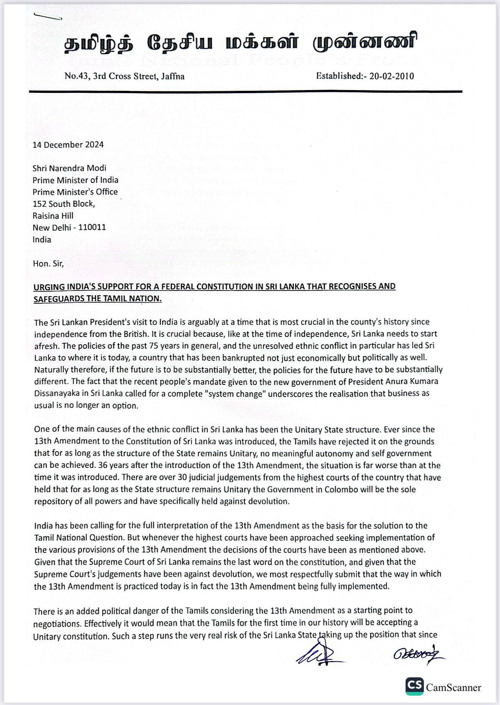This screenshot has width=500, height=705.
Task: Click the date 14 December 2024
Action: tap(68, 145)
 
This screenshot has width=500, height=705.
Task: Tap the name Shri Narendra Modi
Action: tap(69, 168)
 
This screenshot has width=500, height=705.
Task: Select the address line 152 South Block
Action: tap(63, 204)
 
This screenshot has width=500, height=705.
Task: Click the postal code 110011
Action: tap(92, 227)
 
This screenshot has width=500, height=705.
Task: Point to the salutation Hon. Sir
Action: tap(48, 264)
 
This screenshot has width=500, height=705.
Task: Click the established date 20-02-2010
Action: tap(391, 76)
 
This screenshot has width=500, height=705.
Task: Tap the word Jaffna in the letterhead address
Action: tap(173, 76)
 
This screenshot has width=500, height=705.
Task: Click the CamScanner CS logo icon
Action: tap(414, 686)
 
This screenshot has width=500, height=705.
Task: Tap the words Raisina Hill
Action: tap(53, 216)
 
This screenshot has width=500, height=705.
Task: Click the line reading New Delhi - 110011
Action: tap(69, 227)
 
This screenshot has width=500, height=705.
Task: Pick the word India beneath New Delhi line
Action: tap(42, 239)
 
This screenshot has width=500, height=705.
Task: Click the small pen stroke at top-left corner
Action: tap(48, 16)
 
